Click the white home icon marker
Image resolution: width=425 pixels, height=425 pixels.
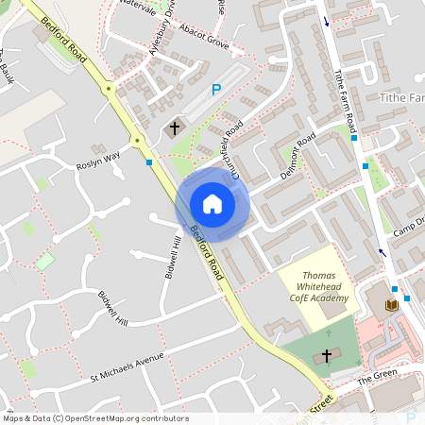(x=212, y=203)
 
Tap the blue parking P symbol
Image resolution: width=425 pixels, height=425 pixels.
(x=215, y=90)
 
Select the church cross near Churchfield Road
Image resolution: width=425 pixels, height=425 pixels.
(x=175, y=127)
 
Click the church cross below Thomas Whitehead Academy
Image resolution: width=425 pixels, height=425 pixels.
(x=328, y=356)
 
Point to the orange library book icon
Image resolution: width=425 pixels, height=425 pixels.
(x=392, y=305)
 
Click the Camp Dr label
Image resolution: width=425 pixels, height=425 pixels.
(x=410, y=227)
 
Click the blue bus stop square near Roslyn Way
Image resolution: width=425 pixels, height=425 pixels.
(x=149, y=162)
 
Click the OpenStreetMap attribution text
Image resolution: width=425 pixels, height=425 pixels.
(x=95, y=418)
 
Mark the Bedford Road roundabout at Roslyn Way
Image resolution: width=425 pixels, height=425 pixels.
(x=138, y=142)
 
